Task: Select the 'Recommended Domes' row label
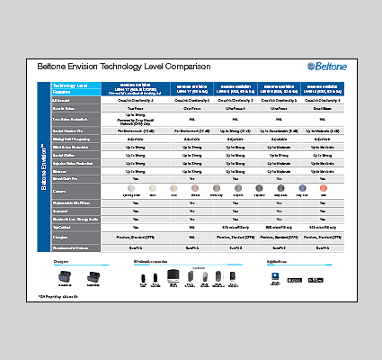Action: pyautogui.click(x=72, y=246)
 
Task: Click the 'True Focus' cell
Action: pyautogui.click(x=136, y=107)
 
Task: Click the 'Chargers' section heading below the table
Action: pyautogui.click(x=61, y=260)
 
